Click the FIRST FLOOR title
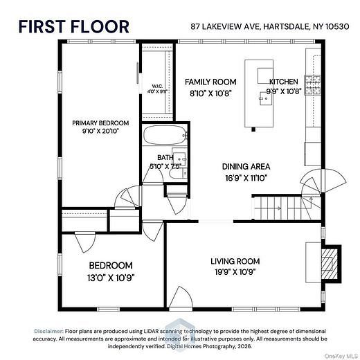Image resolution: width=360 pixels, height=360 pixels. [x=74, y=27]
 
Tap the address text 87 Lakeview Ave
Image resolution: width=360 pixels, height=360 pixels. [x=225, y=26]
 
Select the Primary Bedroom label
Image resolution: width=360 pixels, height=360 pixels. [x=100, y=123]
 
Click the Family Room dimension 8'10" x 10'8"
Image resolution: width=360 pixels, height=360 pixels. [x=210, y=93]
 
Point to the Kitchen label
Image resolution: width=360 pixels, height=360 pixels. [x=284, y=82]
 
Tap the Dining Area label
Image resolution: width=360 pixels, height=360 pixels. [x=246, y=167]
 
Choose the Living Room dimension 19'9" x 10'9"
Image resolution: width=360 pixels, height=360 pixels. [x=235, y=272]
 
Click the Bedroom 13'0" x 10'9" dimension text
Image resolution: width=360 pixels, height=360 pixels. [x=111, y=278]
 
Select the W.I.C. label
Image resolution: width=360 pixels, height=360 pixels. [x=157, y=87]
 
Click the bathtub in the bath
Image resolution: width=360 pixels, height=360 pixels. [x=165, y=135]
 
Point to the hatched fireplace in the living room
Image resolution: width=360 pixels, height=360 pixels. [x=329, y=264]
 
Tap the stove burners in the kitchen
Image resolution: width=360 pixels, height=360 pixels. [x=313, y=85]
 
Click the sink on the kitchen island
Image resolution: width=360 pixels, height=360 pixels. [x=266, y=98]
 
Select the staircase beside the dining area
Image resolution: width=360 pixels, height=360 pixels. [x=287, y=208]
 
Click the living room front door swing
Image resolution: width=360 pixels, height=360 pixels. [x=181, y=297]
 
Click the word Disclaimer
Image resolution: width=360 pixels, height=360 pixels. [x=48, y=331]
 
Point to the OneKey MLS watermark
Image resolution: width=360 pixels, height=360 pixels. [x=341, y=356]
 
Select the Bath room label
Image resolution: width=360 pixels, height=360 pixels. [x=165, y=157]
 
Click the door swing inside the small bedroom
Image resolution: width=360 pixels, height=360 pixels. [x=85, y=242]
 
